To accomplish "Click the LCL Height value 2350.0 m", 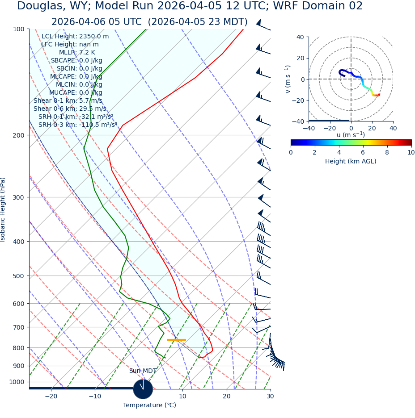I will (x=94, y=37).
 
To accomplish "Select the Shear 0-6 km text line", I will (x=70, y=109).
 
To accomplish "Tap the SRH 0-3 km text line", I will (x=77, y=125).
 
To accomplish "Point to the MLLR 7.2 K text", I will (x=77, y=52).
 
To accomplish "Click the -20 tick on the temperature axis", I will (x=51, y=396).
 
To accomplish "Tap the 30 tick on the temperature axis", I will (x=270, y=396).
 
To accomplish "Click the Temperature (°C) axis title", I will (x=149, y=405).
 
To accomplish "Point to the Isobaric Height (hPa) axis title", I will (x=3, y=209).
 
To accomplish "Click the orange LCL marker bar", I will (x=176, y=340).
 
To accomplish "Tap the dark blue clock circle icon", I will (x=143, y=389).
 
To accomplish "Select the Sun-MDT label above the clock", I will (x=143, y=371).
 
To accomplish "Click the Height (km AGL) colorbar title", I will (x=351, y=161).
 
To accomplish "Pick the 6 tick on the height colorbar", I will (x=363, y=152).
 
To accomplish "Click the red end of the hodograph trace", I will (x=379, y=95).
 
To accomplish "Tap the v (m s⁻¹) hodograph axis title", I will (x=288, y=79).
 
